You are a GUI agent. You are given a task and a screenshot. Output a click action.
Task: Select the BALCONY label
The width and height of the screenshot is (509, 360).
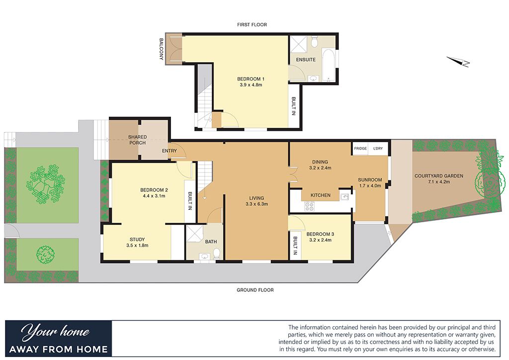161,50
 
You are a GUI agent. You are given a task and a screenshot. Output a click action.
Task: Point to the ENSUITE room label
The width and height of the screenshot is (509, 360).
306,60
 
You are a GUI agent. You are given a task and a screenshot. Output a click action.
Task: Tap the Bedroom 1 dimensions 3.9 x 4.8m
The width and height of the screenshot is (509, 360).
250,85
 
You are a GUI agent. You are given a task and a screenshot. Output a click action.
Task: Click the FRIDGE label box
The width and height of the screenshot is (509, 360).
360,149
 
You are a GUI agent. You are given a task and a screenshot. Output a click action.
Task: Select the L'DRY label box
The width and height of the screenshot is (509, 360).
378,149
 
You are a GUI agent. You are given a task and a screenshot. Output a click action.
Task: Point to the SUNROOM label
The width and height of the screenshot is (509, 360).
370,180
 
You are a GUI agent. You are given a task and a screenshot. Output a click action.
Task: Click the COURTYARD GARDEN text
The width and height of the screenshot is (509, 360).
439,176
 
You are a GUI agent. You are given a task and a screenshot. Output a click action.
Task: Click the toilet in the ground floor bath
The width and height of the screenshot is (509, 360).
217,255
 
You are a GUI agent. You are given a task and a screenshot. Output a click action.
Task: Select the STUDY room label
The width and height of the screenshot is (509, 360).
137,239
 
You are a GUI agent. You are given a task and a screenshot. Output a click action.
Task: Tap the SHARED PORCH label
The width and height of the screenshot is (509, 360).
137,140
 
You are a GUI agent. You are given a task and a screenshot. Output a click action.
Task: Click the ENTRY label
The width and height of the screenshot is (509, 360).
169,151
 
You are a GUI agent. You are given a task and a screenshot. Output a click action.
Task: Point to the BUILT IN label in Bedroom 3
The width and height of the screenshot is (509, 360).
295,246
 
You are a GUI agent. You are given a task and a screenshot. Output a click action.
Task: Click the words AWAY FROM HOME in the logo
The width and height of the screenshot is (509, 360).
59,349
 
